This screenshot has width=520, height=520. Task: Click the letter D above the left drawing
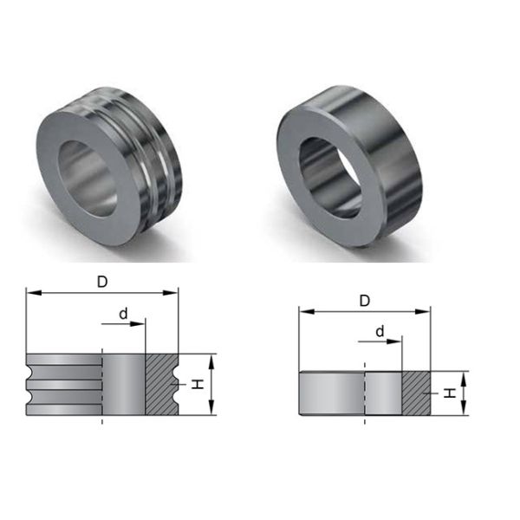click(x=102, y=282)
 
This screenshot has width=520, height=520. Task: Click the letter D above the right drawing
click(x=365, y=301)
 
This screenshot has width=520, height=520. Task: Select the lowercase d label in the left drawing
click(x=124, y=313)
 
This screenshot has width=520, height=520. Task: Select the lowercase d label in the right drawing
click(x=380, y=332)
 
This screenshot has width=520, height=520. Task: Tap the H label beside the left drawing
click(x=198, y=383)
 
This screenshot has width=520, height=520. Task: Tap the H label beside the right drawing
click(x=449, y=393)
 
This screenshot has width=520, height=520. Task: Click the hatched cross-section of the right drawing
click(x=416, y=393)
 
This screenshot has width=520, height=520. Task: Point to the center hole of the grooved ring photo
click(x=88, y=177)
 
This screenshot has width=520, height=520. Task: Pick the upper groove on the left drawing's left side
click(x=32, y=373)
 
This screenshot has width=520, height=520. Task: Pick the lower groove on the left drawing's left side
click(x=32, y=396)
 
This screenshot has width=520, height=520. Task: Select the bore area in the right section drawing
click(x=382, y=393)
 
